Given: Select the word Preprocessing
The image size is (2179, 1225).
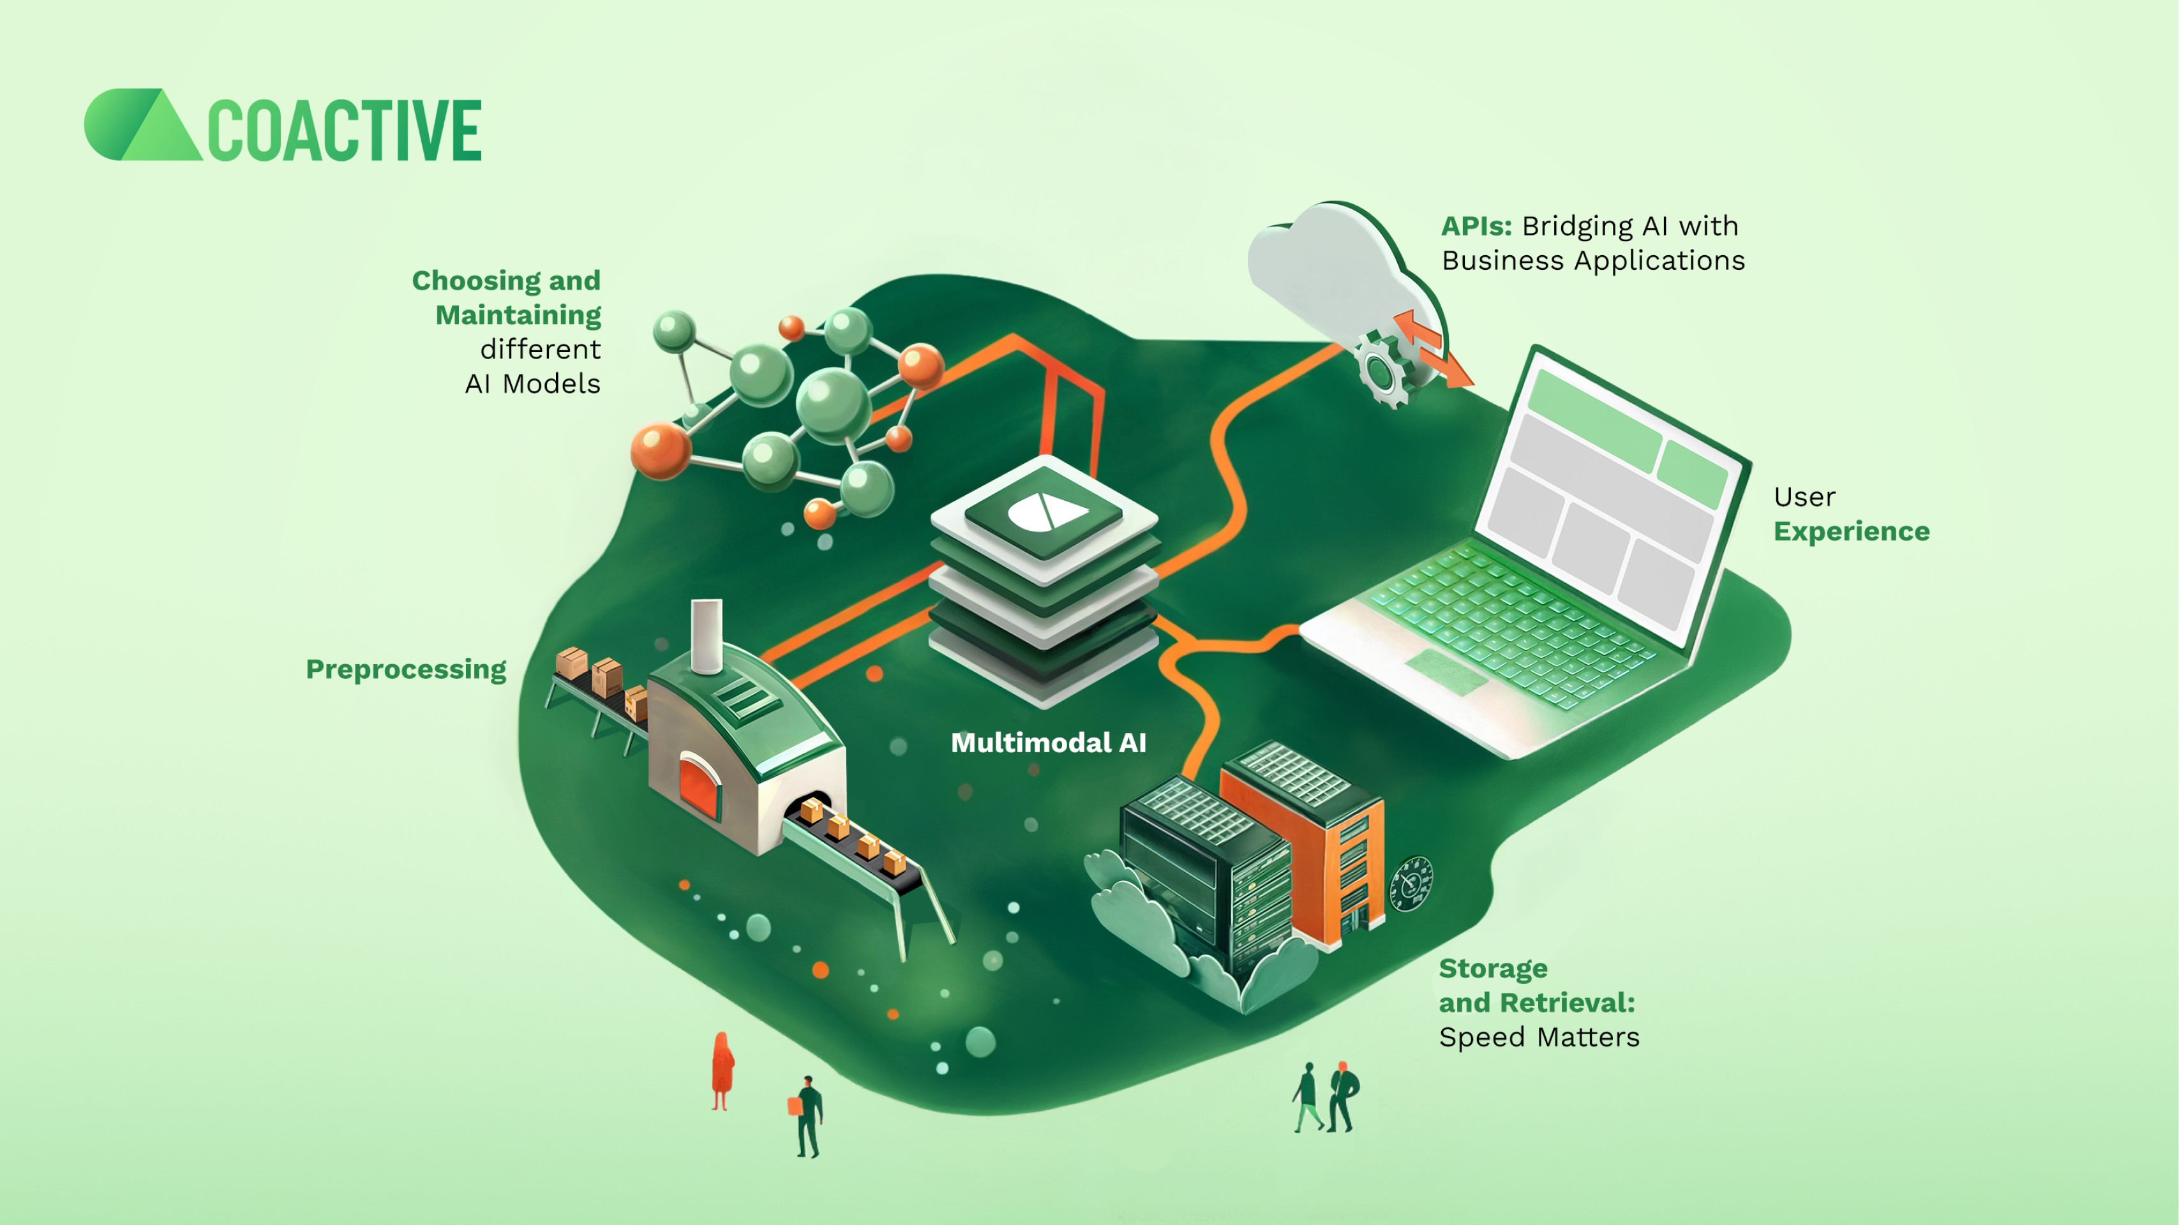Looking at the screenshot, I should tap(406, 669).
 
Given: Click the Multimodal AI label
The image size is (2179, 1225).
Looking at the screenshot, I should tap(1049, 743).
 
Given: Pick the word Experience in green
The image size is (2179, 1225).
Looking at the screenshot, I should tap(1852, 531).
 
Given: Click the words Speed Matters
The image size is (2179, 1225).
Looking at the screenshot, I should tap(1539, 1037).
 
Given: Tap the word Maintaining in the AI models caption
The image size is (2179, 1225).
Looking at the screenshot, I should tap(518, 315).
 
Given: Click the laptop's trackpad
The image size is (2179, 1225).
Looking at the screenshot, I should tap(1446, 672).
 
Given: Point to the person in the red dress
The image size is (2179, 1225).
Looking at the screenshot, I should tap(721, 1069).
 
